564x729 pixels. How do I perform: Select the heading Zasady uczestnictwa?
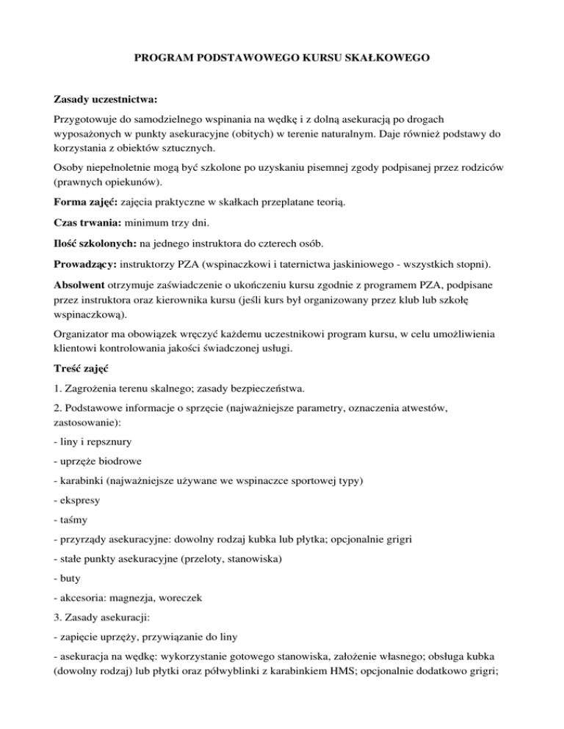[106, 98]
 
